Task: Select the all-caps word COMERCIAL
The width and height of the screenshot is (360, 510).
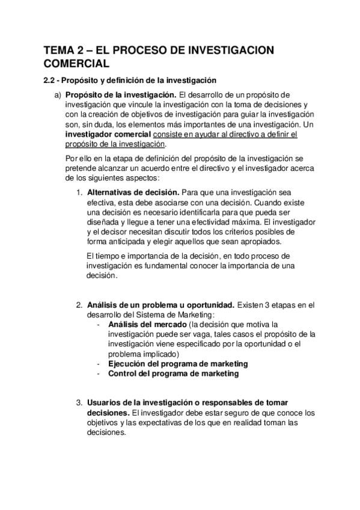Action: (x=76, y=63)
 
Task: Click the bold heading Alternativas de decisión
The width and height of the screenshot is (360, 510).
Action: (x=132, y=192)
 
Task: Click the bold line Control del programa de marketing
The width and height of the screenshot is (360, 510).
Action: (x=173, y=373)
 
